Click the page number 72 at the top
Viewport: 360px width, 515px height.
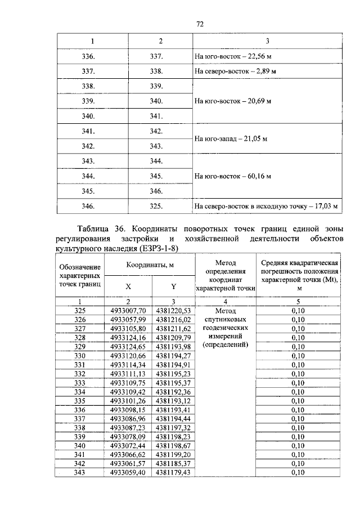[199, 24]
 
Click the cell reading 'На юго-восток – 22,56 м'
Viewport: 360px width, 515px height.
[231, 56]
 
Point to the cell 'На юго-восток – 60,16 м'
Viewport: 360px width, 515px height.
[233, 176]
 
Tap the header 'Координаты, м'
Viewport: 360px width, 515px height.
[148, 265]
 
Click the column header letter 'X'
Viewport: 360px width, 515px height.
[128, 286]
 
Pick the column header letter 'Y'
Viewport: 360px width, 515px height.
[174, 286]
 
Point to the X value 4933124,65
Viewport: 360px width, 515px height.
[128, 346]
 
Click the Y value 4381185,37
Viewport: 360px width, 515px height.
[174, 463]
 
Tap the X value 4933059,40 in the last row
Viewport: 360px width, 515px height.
[128, 472]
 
